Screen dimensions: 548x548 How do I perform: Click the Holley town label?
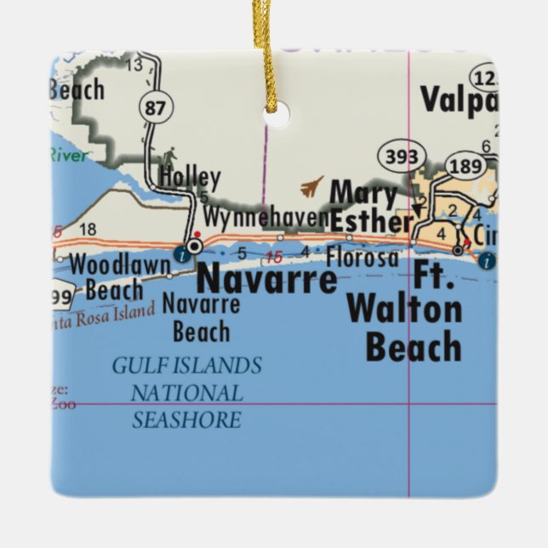coord(190,180)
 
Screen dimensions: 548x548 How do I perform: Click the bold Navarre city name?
coord(266,278)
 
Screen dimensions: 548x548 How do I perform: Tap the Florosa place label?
coord(362,257)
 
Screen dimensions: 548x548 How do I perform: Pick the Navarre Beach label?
coord(201,316)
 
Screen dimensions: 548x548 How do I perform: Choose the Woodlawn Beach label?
coord(119,277)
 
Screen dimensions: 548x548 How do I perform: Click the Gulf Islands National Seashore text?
coord(187,392)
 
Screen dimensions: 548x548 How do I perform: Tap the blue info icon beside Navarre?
coord(181,253)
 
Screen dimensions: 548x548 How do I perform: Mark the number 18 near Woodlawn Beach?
coord(87,229)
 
